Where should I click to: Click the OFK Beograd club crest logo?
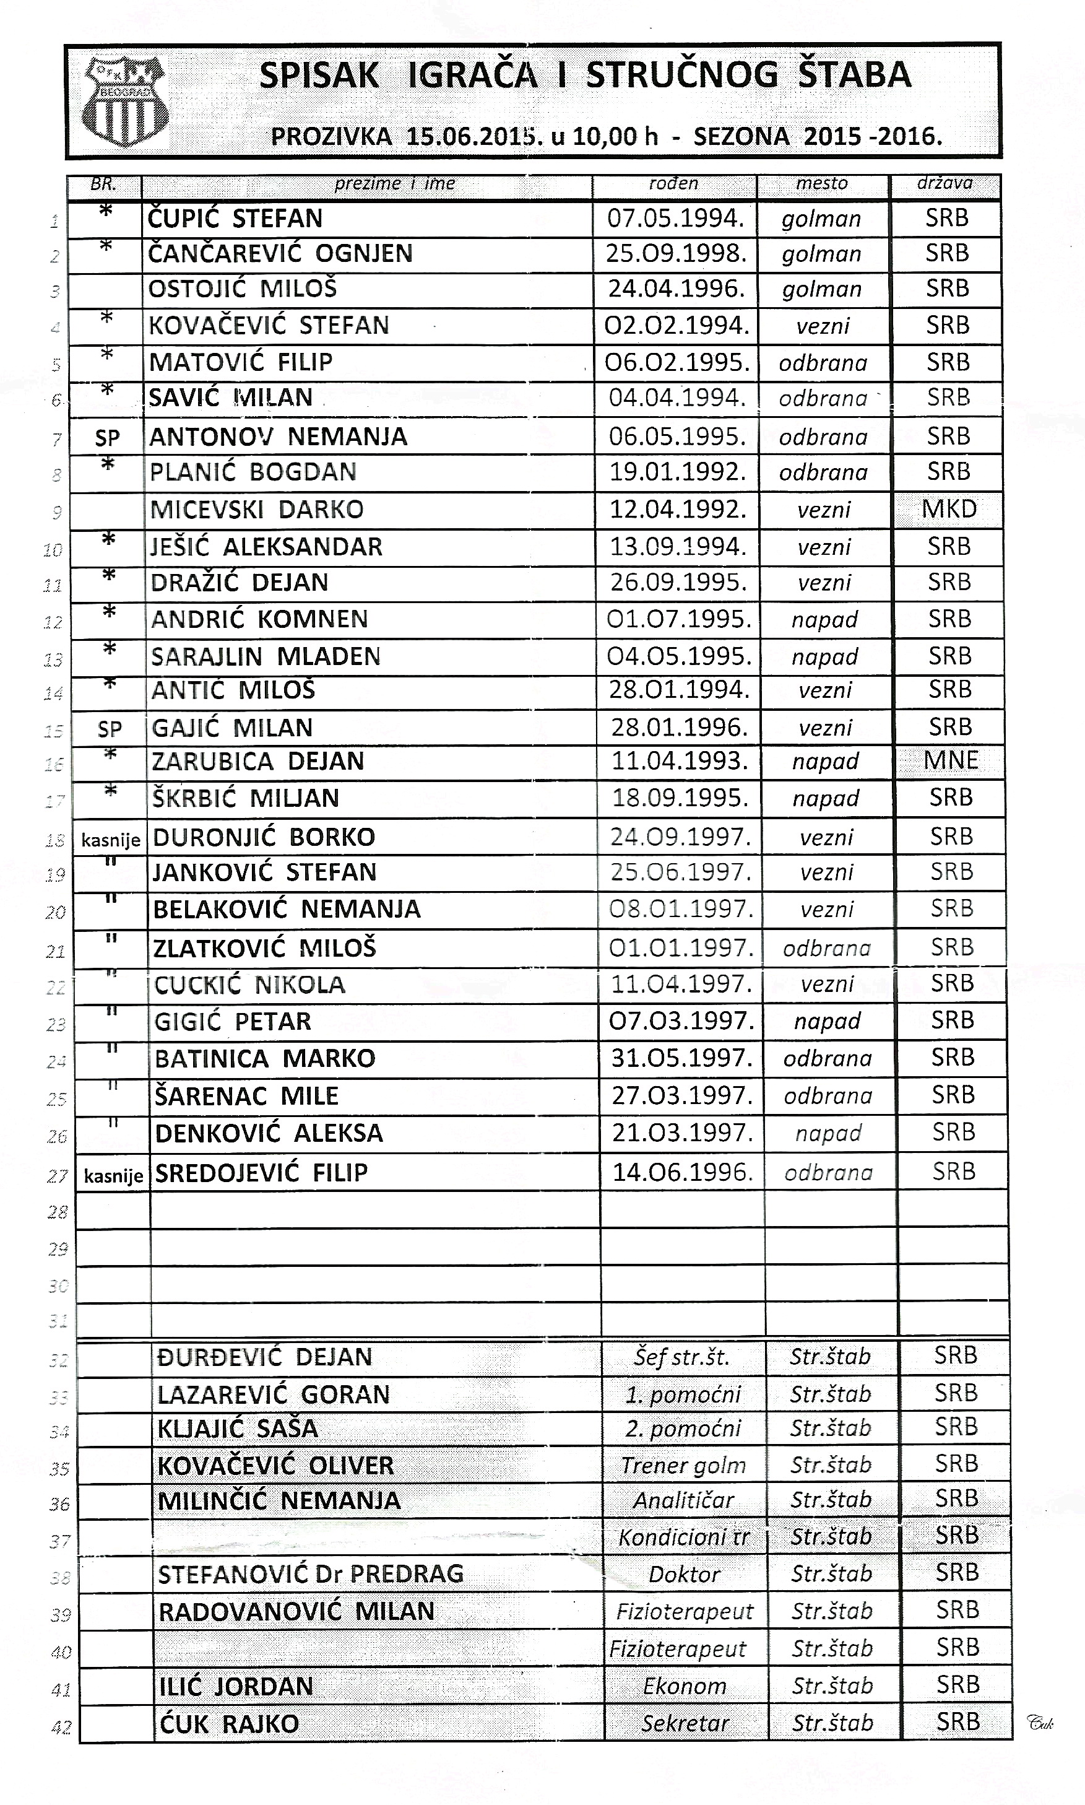pyautogui.click(x=125, y=102)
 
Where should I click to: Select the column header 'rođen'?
pyautogui.click(x=673, y=183)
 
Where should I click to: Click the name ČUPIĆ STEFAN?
pyautogui.click(x=235, y=219)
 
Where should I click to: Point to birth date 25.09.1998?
pyautogui.click(x=675, y=254)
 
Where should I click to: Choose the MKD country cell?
pyautogui.click(x=949, y=509)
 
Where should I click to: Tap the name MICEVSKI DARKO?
pyautogui.click(x=257, y=510)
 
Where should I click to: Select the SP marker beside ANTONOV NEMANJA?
pyautogui.click(x=108, y=438)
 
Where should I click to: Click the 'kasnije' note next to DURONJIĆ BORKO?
pyautogui.click(x=110, y=840)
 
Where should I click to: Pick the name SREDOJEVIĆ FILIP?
pyautogui.click(x=261, y=1173)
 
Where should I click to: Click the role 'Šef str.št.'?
pyautogui.click(x=681, y=1358)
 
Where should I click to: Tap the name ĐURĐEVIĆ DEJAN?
pyautogui.click(x=264, y=1357)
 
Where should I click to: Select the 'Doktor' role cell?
pyautogui.click(x=685, y=1574)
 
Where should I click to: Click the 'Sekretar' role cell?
pyautogui.click(x=685, y=1723)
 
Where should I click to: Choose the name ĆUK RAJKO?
pyautogui.click(x=229, y=1724)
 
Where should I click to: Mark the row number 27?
pyautogui.click(x=58, y=1177)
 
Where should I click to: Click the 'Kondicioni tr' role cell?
pyautogui.click(x=683, y=1538)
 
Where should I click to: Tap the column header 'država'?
pyautogui.click(x=945, y=183)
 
